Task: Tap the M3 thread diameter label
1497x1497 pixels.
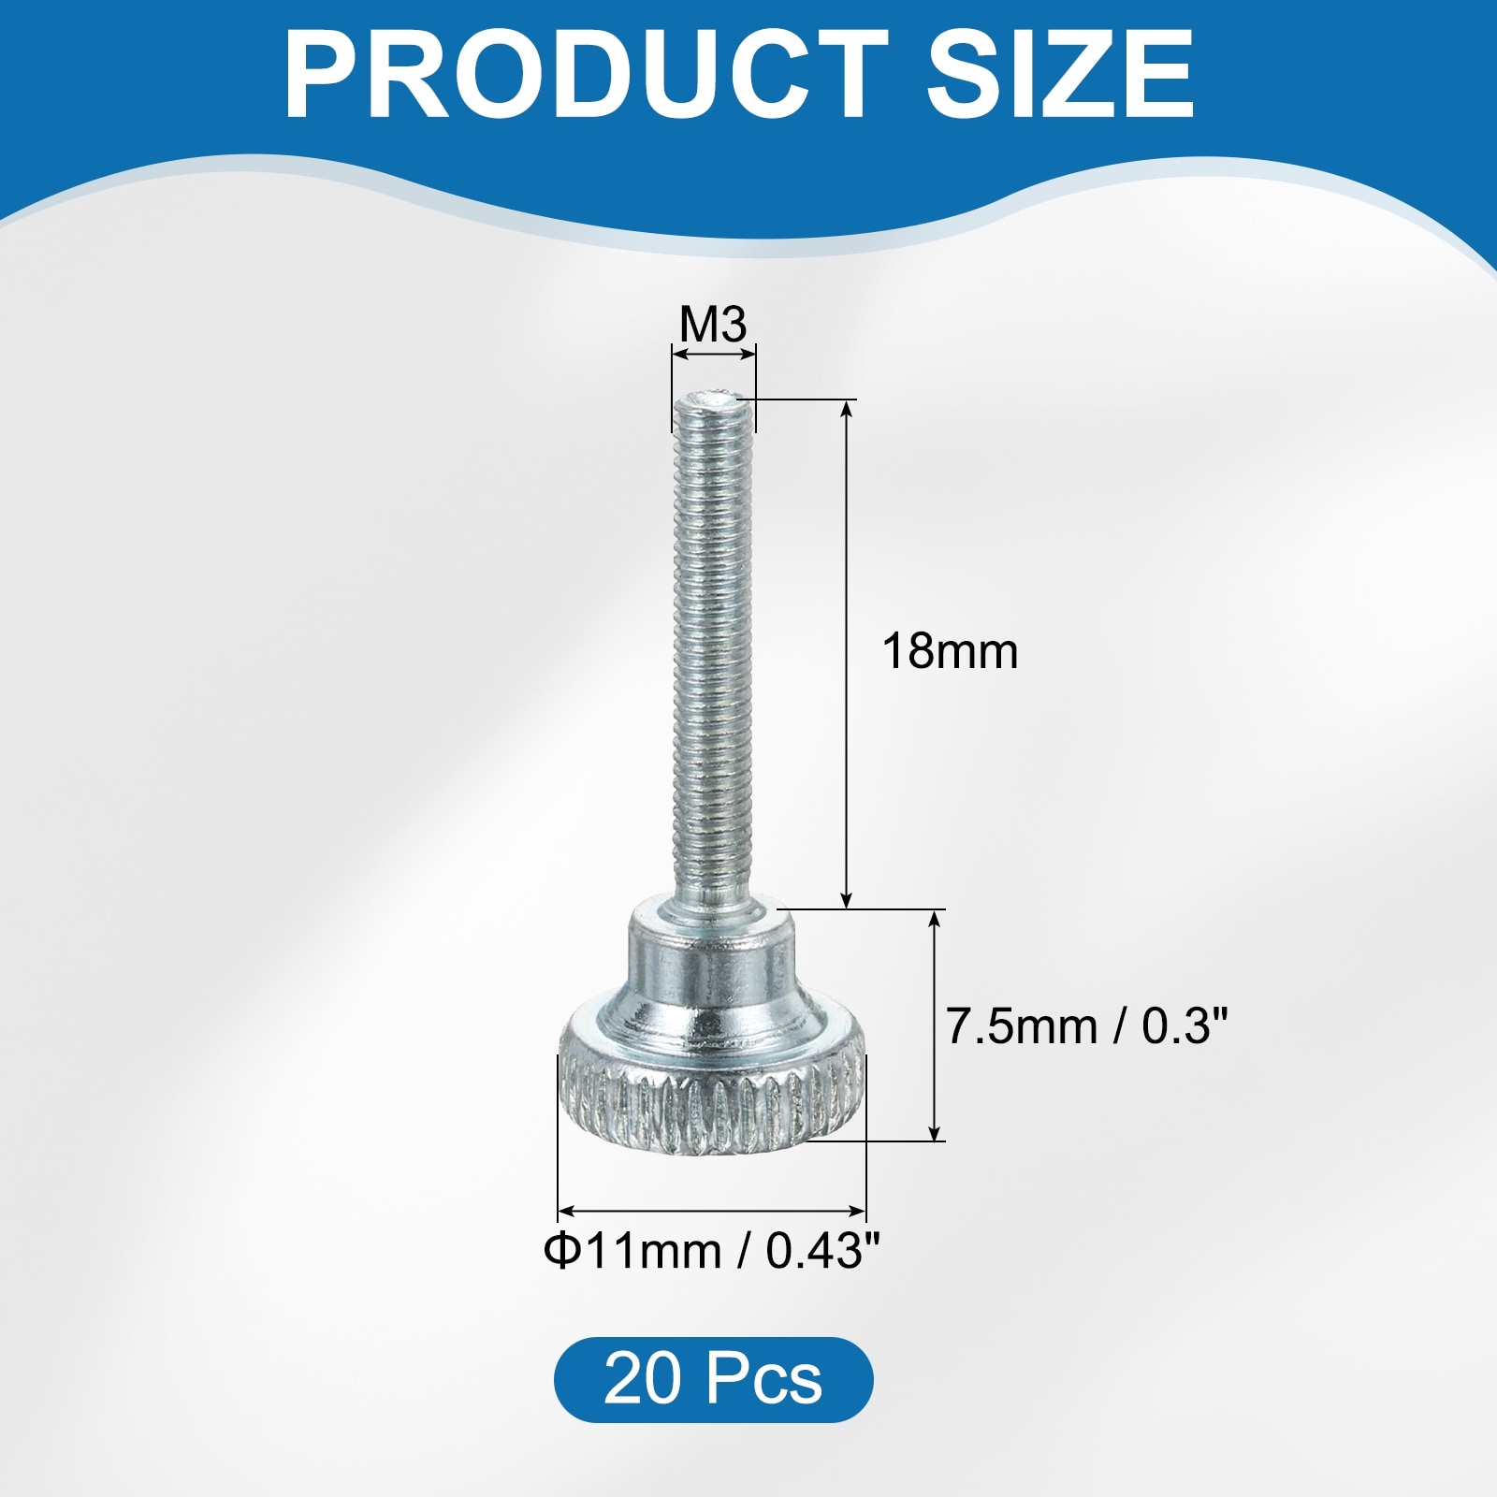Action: pyautogui.click(x=713, y=325)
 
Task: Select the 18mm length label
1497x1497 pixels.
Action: pyautogui.click(x=950, y=650)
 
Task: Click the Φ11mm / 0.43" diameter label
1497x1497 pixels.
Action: pyautogui.click(x=712, y=1251)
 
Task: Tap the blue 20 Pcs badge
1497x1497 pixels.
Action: pyautogui.click(x=713, y=1379)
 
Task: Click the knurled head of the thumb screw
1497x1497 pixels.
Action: pyautogui.click(x=713, y=1090)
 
